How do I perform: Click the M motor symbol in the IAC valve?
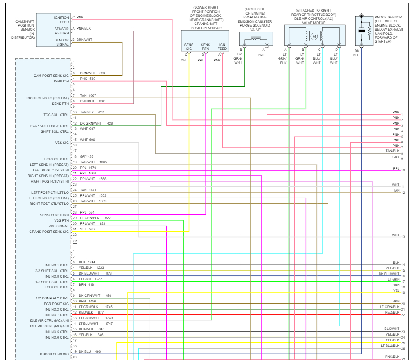pyautogui.click(x=314, y=36)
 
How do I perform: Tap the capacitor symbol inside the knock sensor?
pyautogui.click(x=362, y=31)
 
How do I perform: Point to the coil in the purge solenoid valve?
pyautogui.click(x=255, y=38)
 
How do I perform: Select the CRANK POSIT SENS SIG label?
pyautogui.click(x=49, y=232)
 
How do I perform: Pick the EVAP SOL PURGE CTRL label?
pyautogui.click(x=50, y=126)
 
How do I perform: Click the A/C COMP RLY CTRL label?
pyautogui.click(x=52, y=298)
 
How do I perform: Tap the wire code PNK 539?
pyautogui.click(x=87, y=79)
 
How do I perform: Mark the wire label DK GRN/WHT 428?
pyautogui.click(x=96, y=123)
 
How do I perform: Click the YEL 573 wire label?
pyautogui.click(x=87, y=229)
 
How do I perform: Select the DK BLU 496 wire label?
pyautogui.click(x=89, y=351)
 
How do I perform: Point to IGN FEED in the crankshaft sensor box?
pyautogui.click(x=222, y=46)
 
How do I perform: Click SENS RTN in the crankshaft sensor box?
pyautogui.click(x=205, y=46)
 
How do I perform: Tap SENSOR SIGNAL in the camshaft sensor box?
pyautogui.click(x=61, y=42)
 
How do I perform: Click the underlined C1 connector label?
pyautogui.click(x=75, y=241)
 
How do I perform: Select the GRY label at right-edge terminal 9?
pyautogui.click(x=396, y=157)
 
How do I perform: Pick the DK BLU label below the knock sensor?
pyautogui.click(x=356, y=53)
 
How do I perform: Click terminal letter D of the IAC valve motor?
pyautogui.click(x=337, y=49)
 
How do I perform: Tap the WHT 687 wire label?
pyautogui.click(x=87, y=128)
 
